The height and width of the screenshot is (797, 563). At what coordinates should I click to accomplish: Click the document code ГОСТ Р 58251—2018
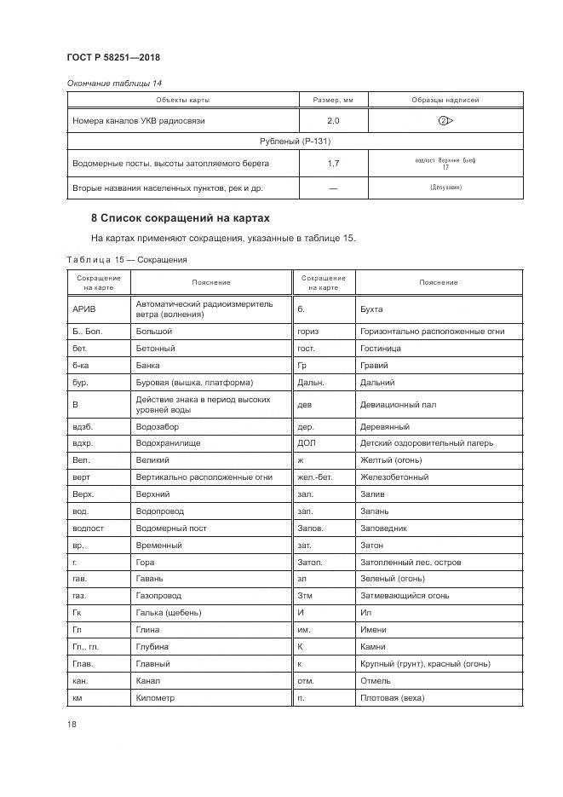coord(112,57)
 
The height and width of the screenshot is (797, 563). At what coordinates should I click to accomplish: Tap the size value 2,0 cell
coord(333,121)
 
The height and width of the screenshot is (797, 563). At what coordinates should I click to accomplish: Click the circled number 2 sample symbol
coord(445,121)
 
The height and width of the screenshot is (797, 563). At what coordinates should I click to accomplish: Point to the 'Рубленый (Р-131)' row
coord(295,141)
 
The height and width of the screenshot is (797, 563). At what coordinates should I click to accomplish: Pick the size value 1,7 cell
coord(333,162)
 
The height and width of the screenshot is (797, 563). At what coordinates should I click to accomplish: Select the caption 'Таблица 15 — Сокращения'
coord(126,259)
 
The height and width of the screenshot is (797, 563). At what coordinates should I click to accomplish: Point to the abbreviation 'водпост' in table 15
coord(89,528)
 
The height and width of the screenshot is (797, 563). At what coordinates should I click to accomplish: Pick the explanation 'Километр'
coord(155,698)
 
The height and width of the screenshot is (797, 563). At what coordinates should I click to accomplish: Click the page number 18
coord(72,725)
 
